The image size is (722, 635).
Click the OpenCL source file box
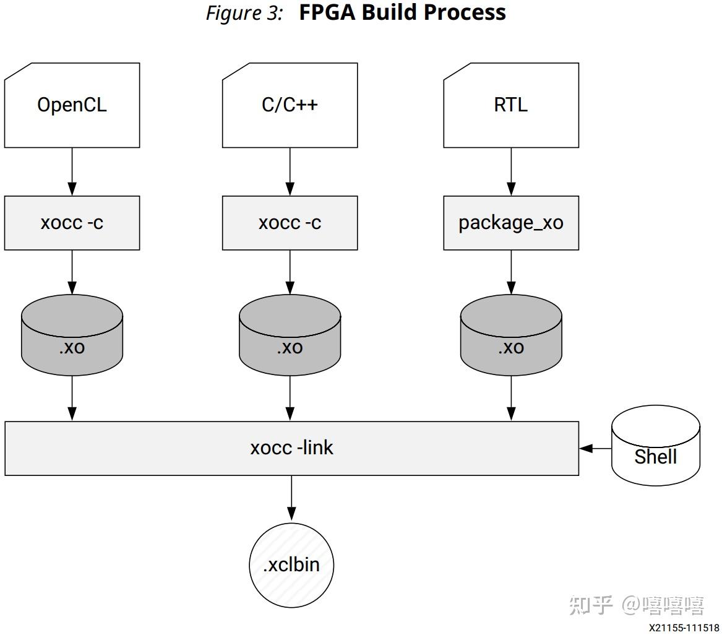click(72, 105)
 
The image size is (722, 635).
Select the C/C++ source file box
click(290, 105)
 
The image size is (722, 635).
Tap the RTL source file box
click(511, 105)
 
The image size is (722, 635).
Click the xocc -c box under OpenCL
click(72, 223)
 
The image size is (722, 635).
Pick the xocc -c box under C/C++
click(290, 223)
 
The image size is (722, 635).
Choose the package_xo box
click(511, 223)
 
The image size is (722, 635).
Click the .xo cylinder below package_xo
click(511, 337)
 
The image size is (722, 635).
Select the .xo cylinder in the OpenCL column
click(72, 337)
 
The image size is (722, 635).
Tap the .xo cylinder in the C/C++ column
click(290, 337)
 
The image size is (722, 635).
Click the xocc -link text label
click(291, 447)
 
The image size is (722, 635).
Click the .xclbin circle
click(291, 564)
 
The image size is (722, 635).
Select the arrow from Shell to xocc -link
click(595, 448)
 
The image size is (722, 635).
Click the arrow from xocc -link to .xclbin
click(291, 498)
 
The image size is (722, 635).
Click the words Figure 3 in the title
click(244, 13)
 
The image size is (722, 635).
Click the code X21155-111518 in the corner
click(684, 628)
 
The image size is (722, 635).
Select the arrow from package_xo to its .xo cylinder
click(511, 272)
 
